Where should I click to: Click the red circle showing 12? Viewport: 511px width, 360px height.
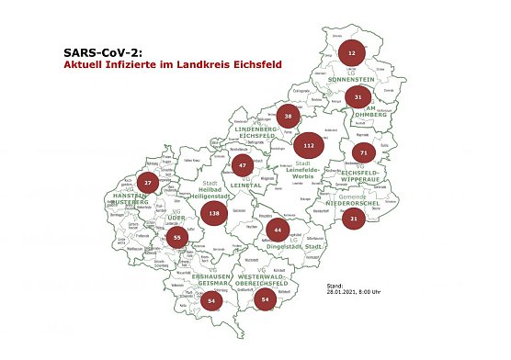coord(351,54)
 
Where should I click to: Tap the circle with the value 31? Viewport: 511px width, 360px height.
coord(359,96)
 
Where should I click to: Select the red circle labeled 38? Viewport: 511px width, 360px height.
coord(289,117)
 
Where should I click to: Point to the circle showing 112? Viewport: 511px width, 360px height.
coord(309,145)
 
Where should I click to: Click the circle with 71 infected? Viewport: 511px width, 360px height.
coord(364,152)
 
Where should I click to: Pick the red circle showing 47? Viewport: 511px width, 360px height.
coord(243,166)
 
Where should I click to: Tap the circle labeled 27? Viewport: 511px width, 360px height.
coord(148,183)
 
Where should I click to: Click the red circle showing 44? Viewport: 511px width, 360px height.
coord(277,229)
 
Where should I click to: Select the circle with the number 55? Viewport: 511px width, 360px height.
coord(177,238)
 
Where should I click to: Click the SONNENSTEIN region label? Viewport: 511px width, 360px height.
coord(353,80)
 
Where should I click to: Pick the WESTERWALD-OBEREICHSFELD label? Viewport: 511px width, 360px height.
coord(266,282)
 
